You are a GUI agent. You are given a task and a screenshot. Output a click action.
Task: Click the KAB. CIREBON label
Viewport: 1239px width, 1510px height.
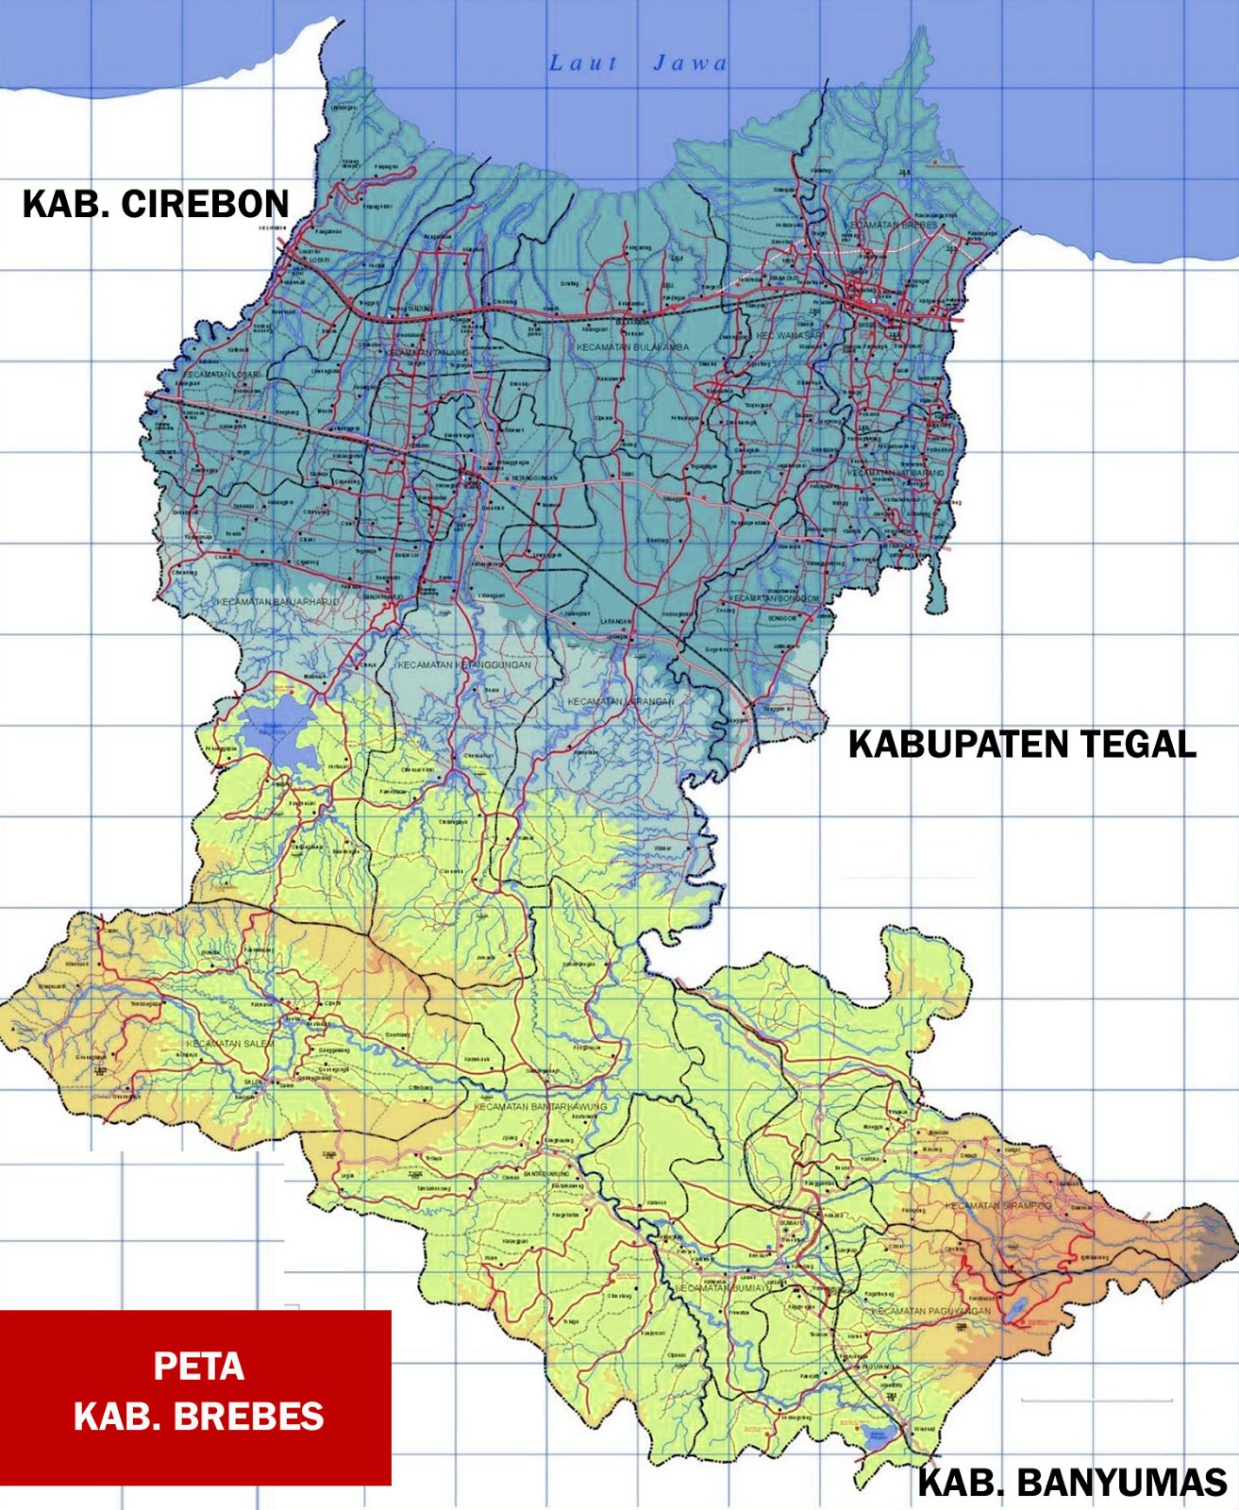pos(156,205)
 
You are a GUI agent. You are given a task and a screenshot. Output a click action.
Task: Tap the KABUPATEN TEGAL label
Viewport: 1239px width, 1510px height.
pos(1022,745)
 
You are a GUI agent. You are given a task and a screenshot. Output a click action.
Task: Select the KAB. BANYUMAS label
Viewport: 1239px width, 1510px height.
pos(1072,1483)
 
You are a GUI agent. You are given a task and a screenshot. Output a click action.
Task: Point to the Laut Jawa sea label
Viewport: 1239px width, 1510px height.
pos(639,63)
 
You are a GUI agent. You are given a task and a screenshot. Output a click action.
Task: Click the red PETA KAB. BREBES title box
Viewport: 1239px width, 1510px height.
pos(195,1398)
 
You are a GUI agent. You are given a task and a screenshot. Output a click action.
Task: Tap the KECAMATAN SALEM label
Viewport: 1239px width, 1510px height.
pos(229,1044)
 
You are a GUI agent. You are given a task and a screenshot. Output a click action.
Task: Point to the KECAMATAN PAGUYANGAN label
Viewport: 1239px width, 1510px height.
pos(930,1311)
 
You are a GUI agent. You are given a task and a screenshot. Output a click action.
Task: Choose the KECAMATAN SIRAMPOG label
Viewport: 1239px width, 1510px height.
pos(998,1206)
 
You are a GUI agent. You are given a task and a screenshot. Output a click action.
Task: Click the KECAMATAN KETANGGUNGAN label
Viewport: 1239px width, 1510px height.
pos(464,665)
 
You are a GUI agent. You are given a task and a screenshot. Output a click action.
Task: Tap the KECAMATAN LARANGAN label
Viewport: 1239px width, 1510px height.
pos(621,702)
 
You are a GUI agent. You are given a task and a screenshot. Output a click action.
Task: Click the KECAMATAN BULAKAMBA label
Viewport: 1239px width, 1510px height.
pos(633,347)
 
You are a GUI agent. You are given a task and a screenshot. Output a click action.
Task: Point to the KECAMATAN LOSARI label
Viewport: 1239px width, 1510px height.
pos(223,375)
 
